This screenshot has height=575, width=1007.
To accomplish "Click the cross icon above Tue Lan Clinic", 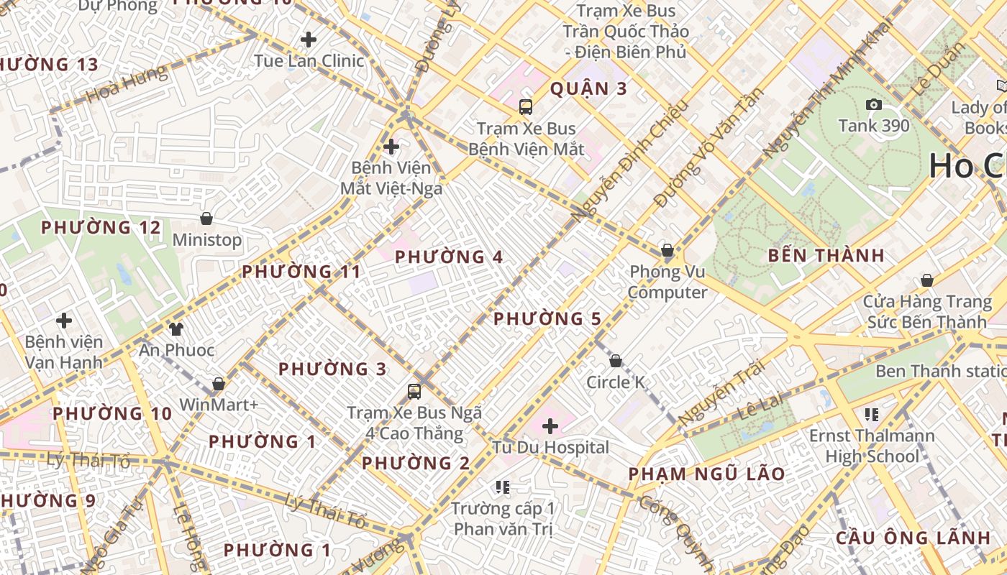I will coord(309,40).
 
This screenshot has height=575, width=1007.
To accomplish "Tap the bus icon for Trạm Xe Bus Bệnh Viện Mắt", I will coord(526,107).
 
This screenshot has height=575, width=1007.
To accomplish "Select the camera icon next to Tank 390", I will coord(874,105).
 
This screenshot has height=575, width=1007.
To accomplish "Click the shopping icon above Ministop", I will coord(206,218).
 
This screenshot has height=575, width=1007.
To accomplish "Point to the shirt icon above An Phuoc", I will coord(176,329).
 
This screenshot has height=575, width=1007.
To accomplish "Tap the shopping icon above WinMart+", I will coord(219,384).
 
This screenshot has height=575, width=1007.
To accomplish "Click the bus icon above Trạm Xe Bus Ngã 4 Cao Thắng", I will coord(414,392).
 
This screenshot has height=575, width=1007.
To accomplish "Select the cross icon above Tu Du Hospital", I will coord(550,427).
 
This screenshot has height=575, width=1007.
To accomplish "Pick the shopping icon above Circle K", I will coord(616,361).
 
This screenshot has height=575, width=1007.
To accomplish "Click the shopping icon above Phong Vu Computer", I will coord(667,251).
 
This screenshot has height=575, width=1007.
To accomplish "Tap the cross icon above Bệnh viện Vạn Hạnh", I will coord(64,320).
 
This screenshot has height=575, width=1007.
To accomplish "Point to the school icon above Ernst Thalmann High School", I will coord(872,415).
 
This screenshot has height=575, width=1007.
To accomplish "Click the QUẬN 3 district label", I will coord(588,89).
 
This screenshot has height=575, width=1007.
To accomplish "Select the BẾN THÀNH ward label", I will coord(826,256).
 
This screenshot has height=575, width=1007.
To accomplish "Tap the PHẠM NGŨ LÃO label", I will coord(706,474).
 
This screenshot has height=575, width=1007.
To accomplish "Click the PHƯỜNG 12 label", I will coord(101,228).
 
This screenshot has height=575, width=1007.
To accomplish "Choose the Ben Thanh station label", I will coord(940,371).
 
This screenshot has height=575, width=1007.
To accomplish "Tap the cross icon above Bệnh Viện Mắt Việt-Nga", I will coord(391,147).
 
